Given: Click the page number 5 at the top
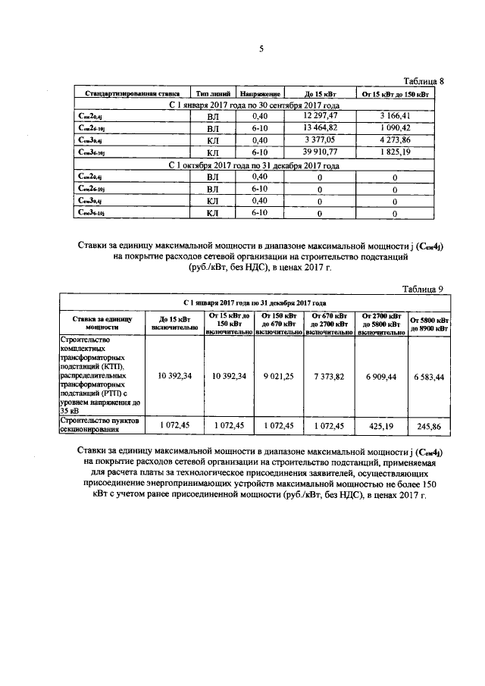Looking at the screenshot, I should (x=261, y=49).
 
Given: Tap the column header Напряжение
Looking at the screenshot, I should (x=260, y=93).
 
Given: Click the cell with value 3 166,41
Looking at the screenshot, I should (x=395, y=115).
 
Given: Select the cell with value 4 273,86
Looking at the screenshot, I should (x=395, y=140).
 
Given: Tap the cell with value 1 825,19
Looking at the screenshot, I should (x=395, y=152).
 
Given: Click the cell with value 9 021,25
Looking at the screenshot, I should (x=278, y=375).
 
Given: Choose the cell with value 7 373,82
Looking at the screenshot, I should (x=328, y=375).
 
